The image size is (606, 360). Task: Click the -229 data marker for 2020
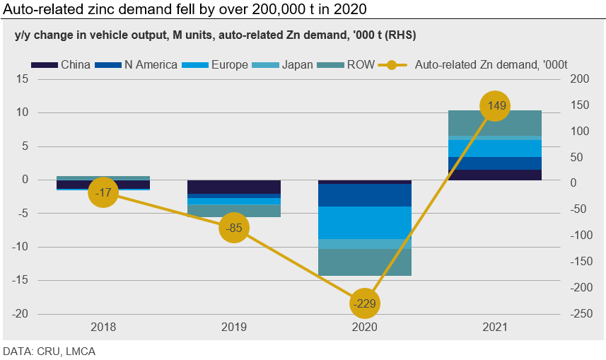point(365,303)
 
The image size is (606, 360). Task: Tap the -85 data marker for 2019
point(234,228)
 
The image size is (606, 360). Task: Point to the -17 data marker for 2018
point(103,192)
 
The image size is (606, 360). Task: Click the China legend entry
point(62,65)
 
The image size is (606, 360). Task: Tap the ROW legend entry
point(353,65)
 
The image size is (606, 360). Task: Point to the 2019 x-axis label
point(234,327)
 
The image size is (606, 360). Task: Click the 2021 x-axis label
point(495,327)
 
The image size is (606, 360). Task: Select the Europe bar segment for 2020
point(365,223)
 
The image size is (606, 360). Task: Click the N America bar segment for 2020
point(365,195)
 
